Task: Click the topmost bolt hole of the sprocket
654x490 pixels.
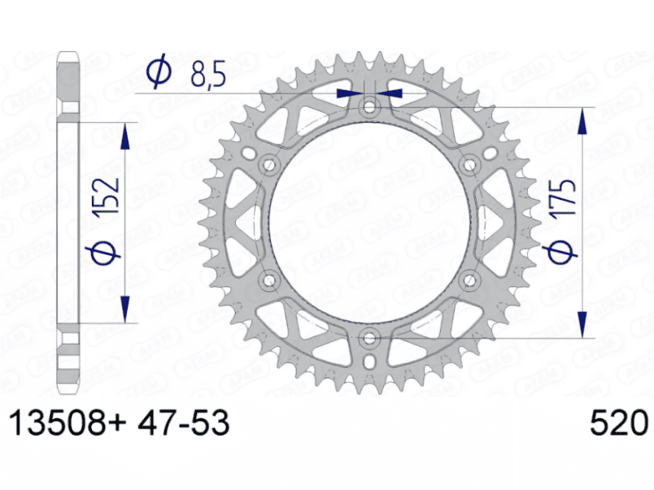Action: (370, 106)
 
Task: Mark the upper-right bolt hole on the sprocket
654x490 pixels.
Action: (469, 165)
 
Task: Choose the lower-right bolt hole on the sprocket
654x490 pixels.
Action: (469, 280)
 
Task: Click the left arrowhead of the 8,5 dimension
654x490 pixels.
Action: (348, 93)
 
